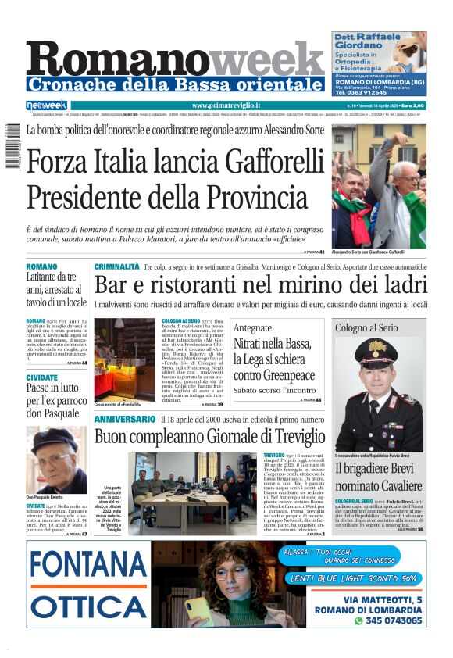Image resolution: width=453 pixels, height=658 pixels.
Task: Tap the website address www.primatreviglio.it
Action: pos(226,105)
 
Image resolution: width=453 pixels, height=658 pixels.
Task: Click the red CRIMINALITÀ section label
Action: pos(117,266)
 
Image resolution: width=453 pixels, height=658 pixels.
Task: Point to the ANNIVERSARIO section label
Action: pos(125,420)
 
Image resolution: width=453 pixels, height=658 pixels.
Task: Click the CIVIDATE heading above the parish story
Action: pos(41,377)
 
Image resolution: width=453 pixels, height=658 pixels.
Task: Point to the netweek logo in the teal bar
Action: pos(47,105)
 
